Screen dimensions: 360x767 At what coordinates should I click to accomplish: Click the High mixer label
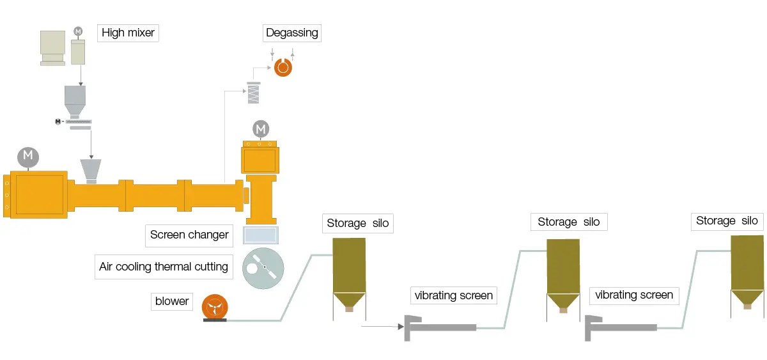[x=128, y=33]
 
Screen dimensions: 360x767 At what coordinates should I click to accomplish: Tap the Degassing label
[x=292, y=33]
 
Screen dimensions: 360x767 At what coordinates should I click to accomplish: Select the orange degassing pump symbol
[x=283, y=67]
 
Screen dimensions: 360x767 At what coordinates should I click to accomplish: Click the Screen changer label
[x=189, y=235]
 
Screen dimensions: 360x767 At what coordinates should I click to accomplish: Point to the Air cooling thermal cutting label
[x=164, y=267]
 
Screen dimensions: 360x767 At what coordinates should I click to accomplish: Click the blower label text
[x=172, y=301]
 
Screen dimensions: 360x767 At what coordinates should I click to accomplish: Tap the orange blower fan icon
[x=214, y=307]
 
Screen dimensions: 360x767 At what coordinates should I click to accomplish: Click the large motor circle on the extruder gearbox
[x=27, y=157]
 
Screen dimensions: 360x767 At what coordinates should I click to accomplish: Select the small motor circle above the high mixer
[x=79, y=31]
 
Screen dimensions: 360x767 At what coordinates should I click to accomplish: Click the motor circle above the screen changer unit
[x=261, y=129]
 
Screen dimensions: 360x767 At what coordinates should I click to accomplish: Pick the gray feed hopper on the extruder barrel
[x=92, y=171]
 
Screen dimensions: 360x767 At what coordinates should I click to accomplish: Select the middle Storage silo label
[x=568, y=222]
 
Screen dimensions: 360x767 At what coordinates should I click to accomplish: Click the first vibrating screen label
[x=454, y=295]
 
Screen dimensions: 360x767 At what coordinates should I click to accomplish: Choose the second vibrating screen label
[x=634, y=295]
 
